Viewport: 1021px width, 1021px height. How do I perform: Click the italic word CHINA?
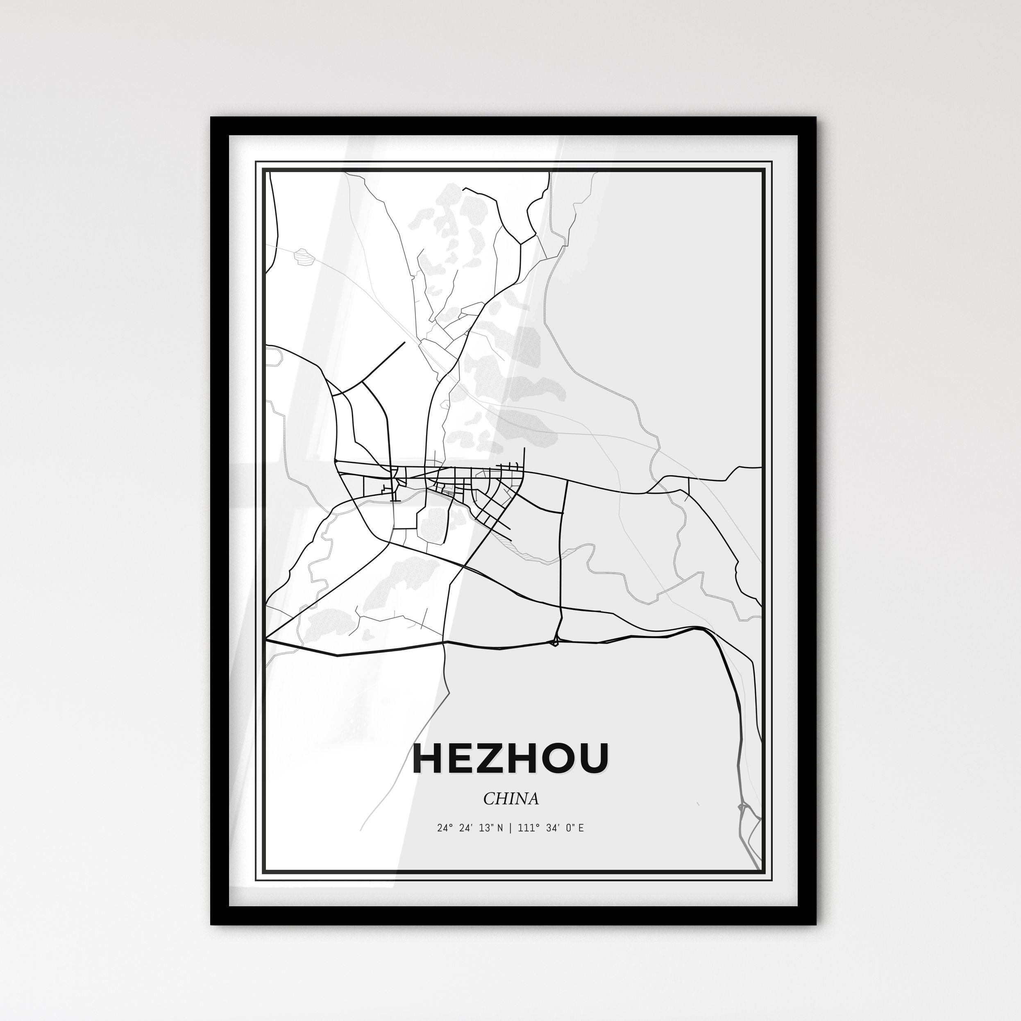[510, 799]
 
